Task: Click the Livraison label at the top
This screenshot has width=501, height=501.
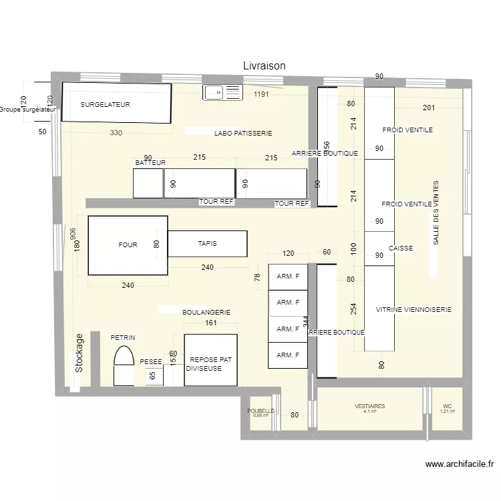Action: (264, 65)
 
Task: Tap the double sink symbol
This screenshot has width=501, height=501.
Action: (223, 92)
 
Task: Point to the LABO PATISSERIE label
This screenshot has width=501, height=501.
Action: (243, 134)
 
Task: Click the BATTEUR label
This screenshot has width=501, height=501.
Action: (150, 163)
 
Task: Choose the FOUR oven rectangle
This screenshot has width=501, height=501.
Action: (128, 245)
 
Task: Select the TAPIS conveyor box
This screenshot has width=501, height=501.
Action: (207, 244)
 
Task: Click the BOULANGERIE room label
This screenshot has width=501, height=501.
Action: (206, 312)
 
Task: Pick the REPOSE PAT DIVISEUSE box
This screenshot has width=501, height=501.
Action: (210, 360)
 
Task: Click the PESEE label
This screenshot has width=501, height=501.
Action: (151, 362)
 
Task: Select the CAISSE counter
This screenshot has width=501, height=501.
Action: (379, 248)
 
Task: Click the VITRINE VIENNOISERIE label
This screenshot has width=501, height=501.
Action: (413, 310)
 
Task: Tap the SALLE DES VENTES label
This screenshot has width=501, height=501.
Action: (436, 213)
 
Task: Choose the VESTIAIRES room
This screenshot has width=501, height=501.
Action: (369, 409)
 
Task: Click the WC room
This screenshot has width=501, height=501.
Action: (447, 409)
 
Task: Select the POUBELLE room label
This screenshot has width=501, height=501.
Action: (261, 411)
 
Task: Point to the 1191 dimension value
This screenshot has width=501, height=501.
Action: (261, 95)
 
